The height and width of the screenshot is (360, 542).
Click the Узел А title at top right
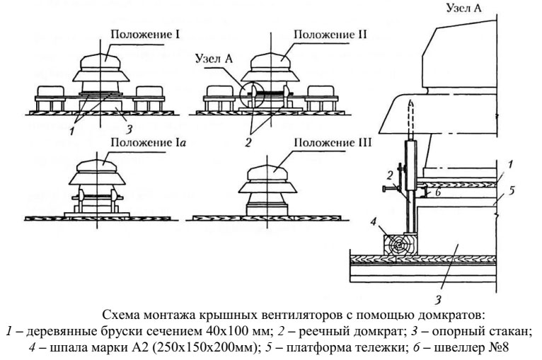(x=461, y=9)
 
